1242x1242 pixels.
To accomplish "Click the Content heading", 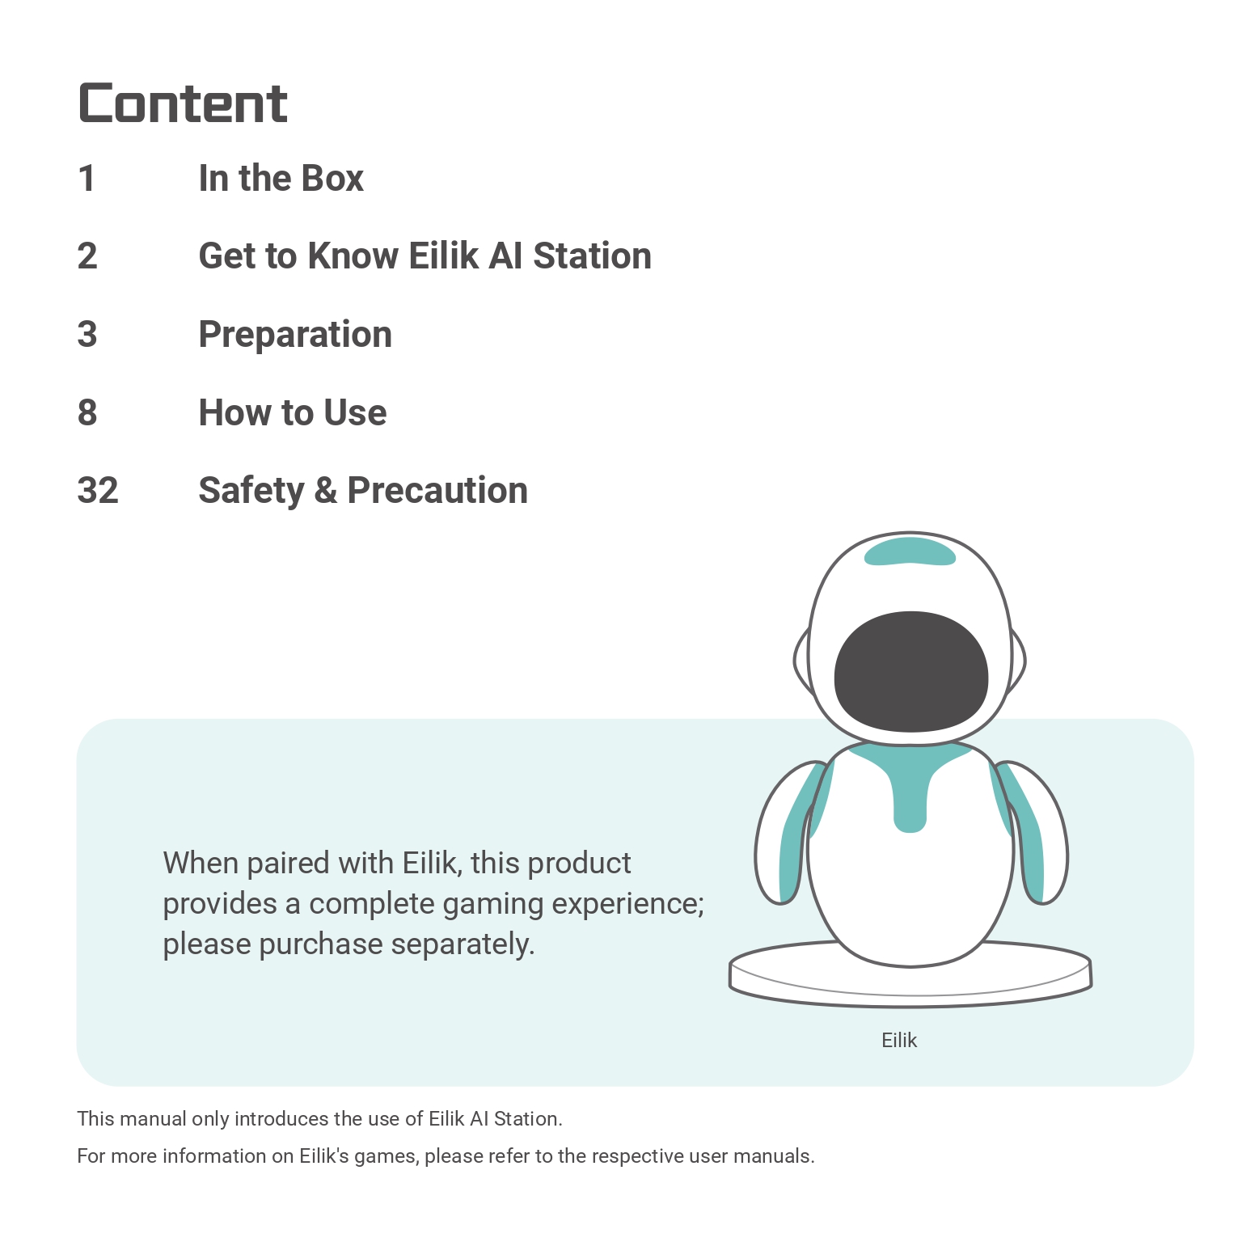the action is (x=183, y=103).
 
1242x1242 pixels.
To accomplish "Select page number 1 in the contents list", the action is (x=87, y=179).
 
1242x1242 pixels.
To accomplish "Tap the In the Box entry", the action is (x=281, y=179).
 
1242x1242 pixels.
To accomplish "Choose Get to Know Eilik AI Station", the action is (x=425, y=256).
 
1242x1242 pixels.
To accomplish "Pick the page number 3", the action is (x=87, y=335).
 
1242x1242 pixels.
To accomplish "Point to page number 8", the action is (x=87, y=412).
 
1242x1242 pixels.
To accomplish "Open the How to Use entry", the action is (x=293, y=412).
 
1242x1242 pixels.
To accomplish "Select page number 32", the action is (x=98, y=491).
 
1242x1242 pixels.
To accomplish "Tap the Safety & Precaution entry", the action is (x=363, y=491).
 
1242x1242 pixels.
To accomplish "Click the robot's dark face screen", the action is (x=911, y=671).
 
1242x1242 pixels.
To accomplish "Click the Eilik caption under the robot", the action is (x=899, y=1041).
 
